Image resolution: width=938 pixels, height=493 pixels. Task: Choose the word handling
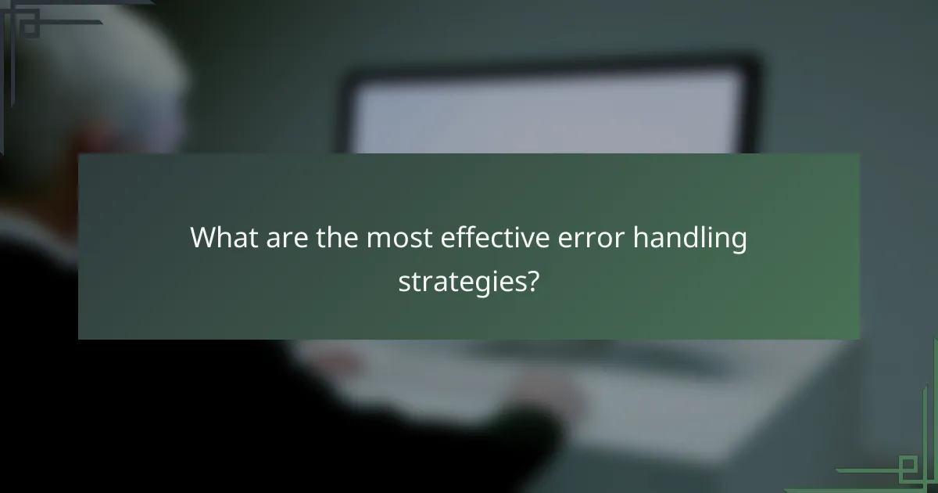[x=689, y=239]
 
